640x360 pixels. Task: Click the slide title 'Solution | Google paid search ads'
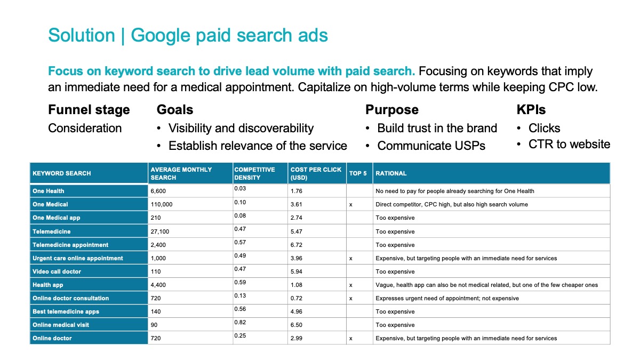tap(188, 35)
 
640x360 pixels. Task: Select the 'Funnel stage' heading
tap(89, 110)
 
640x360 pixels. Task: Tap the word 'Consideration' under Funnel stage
tap(85, 128)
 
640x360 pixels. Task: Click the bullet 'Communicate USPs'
tap(431, 146)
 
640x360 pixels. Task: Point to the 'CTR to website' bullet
tap(569, 145)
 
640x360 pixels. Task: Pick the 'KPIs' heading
tap(531, 110)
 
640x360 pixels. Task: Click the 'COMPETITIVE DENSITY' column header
tap(254, 173)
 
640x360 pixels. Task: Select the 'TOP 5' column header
tap(358, 173)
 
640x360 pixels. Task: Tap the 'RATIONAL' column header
tap(391, 173)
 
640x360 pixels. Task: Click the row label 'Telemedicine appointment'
tap(70, 245)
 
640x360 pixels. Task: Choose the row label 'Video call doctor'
tap(57, 271)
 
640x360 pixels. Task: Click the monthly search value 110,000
tap(162, 205)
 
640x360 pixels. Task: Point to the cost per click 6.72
tap(297, 245)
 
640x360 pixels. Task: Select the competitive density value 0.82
tap(240, 322)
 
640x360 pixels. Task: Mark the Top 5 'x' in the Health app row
tap(351, 285)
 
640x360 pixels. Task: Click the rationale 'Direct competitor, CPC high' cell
tap(452, 205)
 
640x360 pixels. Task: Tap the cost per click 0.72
tap(297, 298)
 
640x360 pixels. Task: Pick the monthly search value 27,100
tap(159, 231)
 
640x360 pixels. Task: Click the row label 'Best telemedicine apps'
tap(66, 311)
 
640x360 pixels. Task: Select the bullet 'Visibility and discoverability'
tap(241, 129)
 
